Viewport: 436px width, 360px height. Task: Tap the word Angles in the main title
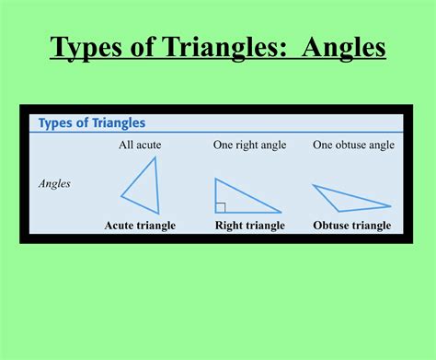337,46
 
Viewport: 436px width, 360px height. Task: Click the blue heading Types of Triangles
92,123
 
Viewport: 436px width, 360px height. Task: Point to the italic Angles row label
54,183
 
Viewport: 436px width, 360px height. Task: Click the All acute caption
140,145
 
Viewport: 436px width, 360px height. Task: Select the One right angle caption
249,145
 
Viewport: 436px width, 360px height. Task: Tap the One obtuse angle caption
353,145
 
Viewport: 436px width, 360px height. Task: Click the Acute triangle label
140,226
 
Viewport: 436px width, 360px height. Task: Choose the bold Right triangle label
249,226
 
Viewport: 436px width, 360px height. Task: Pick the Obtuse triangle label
352,226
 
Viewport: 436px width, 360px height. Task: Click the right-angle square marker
220,207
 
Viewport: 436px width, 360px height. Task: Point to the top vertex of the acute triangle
155,157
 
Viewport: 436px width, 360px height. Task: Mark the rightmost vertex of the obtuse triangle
391,205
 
